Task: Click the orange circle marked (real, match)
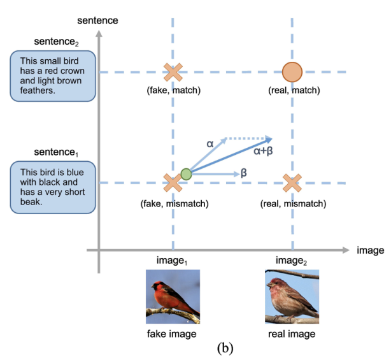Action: click(x=292, y=72)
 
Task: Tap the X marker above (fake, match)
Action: click(x=172, y=72)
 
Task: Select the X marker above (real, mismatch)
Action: click(x=292, y=184)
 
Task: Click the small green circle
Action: click(x=186, y=174)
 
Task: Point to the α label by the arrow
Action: click(x=210, y=144)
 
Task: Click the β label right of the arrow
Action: click(x=244, y=173)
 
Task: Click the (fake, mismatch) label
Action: click(x=173, y=204)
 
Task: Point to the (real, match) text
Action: click(x=294, y=90)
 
